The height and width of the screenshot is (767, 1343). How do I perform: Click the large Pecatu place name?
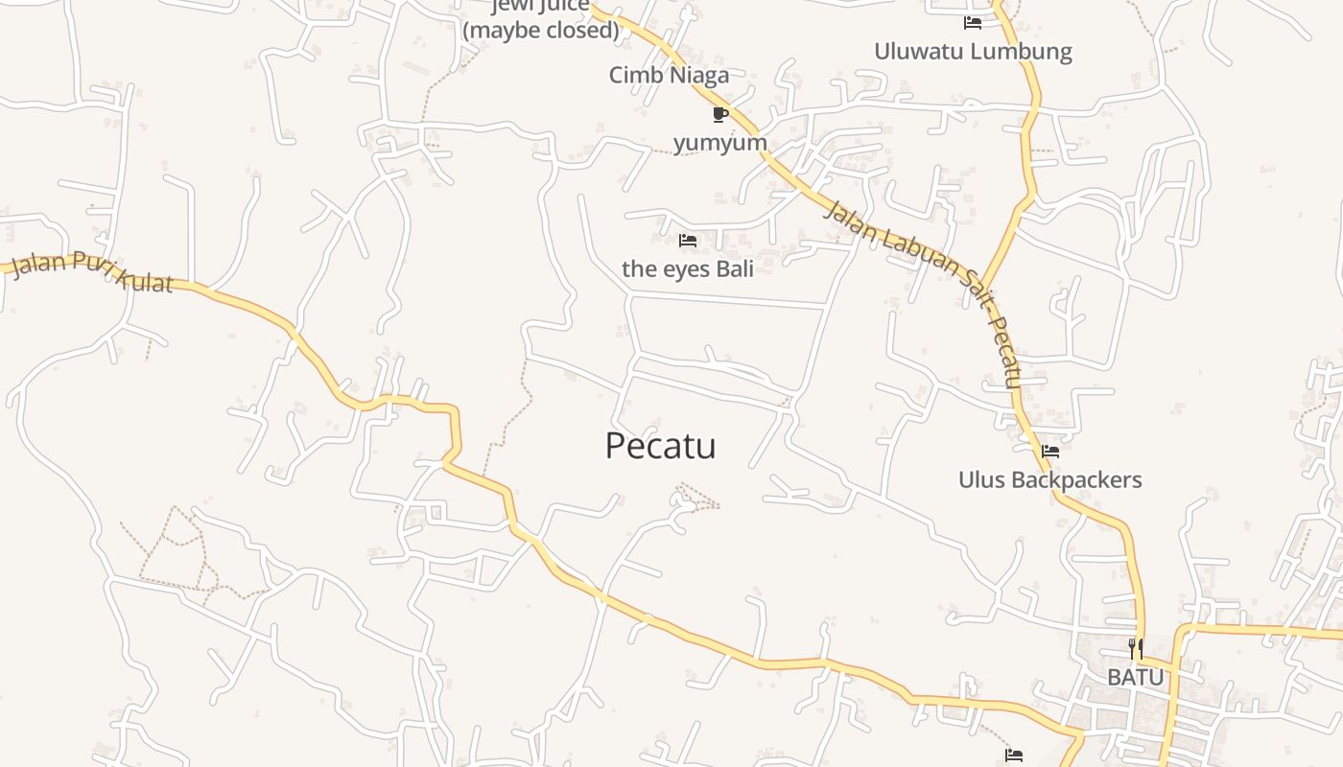pyautogui.click(x=660, y=447)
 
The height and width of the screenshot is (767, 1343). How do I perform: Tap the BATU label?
pyautogui.click(x=1135, y=677)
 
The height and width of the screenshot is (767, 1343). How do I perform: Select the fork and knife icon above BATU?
pyautogui.click(x=1136, y=649)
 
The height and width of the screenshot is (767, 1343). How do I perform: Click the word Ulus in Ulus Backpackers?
pyautogui.click(x=980, y=479)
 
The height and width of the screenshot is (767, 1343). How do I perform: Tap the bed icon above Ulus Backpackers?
pyautogui.click(x=1050, y=451)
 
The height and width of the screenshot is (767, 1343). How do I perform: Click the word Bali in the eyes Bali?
pyautogui.click(x=729, y=268)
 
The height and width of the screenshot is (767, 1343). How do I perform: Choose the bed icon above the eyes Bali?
pyautogui.click(x=688, y=240)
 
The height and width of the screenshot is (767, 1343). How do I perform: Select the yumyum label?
pyautogui.click(x=719, y=143)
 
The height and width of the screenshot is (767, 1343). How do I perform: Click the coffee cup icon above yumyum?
pyautogui.click(x=720, y=115)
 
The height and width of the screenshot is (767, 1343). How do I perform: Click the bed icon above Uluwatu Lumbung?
pyautogui.click(x=973, y=22)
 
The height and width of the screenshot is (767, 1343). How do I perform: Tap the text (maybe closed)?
pyautogui.click(x=541, y=30)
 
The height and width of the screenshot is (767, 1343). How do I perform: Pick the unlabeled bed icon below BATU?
pyautogui.click(x=1014, y=755)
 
